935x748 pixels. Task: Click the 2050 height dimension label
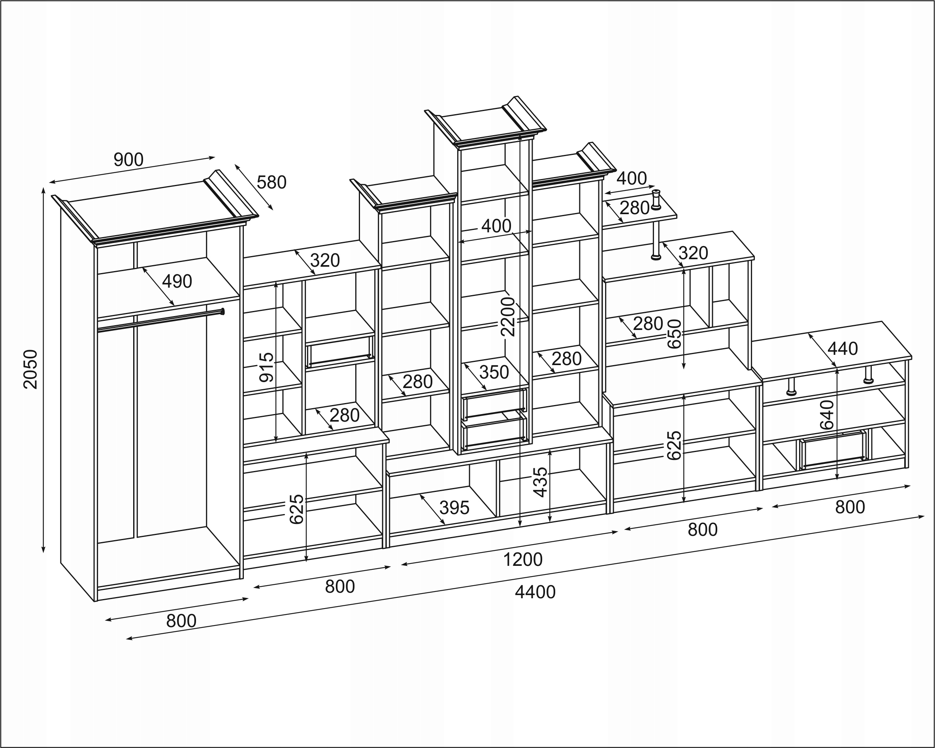pyautogui.click(x=31, y=369)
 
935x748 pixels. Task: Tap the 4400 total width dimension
pyautogui.click(x=535, y=592)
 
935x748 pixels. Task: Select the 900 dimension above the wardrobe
pyautogui.click(x=128, y=160)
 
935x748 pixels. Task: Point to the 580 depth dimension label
pyautogui.click(x=271, y=183)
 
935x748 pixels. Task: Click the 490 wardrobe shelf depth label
pyautogui.click(x=177, y=282)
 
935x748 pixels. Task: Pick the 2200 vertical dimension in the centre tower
pyautogui.click(x=507, y=317)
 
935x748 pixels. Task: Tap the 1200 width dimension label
pyautogui.click(x=522, y=560)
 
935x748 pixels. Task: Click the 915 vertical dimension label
pyautogui.click(x=267, y=367)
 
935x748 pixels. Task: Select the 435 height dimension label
pyautogui.click(x=540, y=482)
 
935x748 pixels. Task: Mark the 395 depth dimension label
pyautogui.click(x=454, y=508)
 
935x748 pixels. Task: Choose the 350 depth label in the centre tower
pyautogui.click(x=494, y=372)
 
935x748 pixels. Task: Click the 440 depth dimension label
pyautogui.click(x=843, y=349)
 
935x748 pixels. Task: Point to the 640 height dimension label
pyautogui.click(x=828, y=415)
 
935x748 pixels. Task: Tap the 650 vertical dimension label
pyautogui.click(x=675, y=334)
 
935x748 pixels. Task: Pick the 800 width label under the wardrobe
pyautogui.click(x=181, y=621)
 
